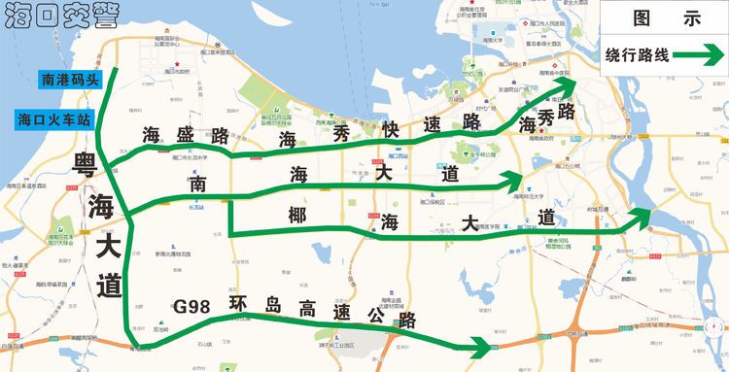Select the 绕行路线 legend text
pos(637,54)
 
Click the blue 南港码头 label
pos(69,79)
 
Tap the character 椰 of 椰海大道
pos(297,214)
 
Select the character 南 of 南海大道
pos(198,184)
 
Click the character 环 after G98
pos(238,302)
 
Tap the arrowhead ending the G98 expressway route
pos(480,346)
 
